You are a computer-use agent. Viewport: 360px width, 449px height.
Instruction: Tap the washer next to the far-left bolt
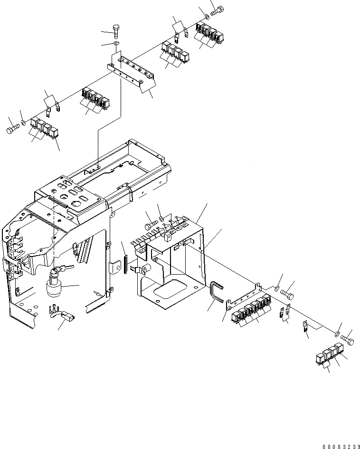tap(23, 124)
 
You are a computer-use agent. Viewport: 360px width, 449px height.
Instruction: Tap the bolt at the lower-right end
tap(349, 339)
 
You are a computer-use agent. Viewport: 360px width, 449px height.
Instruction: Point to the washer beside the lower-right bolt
tap(338, 334)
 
